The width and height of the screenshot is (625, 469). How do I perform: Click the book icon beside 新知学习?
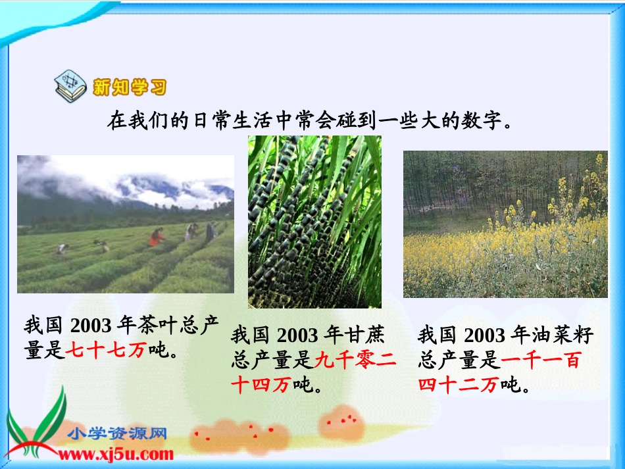(70, 87)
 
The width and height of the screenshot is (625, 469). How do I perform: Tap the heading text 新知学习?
(130, 87)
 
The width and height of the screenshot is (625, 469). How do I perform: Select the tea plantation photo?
(125, 224)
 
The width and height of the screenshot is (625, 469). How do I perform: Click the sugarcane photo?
(314, 222)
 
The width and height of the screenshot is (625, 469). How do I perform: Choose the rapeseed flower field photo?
(505, 224)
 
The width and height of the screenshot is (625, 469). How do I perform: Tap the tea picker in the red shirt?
(157, 237)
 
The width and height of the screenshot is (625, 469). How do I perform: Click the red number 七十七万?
(105, 351)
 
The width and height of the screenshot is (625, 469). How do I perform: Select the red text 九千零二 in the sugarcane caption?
(356, 360)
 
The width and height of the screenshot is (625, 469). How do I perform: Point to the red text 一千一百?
(540, 360)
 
